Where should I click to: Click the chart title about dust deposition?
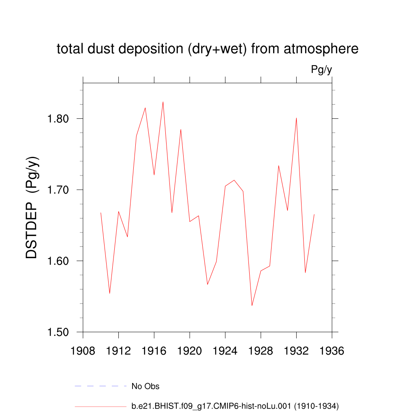point(207,49)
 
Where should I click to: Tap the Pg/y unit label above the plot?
point(321,70)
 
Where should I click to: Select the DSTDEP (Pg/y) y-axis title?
point(32,207)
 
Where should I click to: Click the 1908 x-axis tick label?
point(83,351)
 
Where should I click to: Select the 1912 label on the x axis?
point(118,351)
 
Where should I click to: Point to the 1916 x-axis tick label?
point(154,351)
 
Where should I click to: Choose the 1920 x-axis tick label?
point(190,351)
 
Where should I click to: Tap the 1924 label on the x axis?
point(225,351)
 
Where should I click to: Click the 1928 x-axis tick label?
point(261,351)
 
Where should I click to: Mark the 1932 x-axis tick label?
point(296,351)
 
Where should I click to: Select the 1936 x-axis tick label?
point(332,351)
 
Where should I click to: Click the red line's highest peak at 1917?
point(163,102)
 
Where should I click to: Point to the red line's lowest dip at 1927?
point(252,305)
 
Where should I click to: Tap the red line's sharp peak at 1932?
point(296,118)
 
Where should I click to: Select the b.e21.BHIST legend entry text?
point(235,406)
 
